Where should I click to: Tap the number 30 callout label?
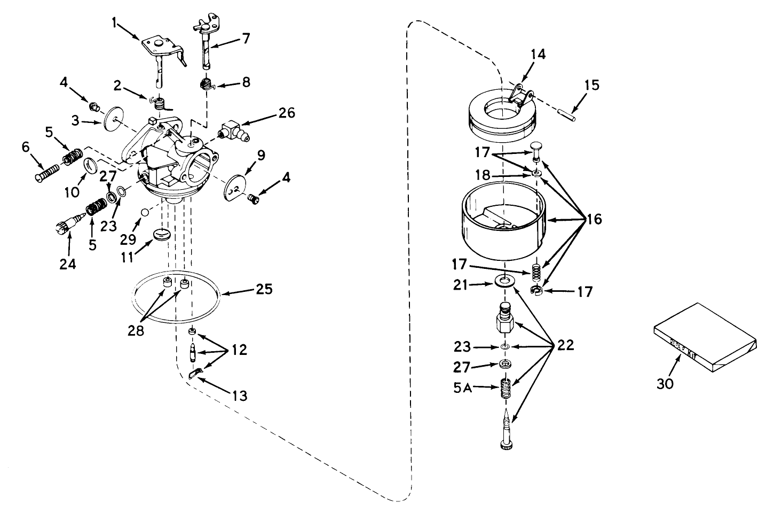point(666,383)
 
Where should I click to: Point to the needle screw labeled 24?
point(67,227)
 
